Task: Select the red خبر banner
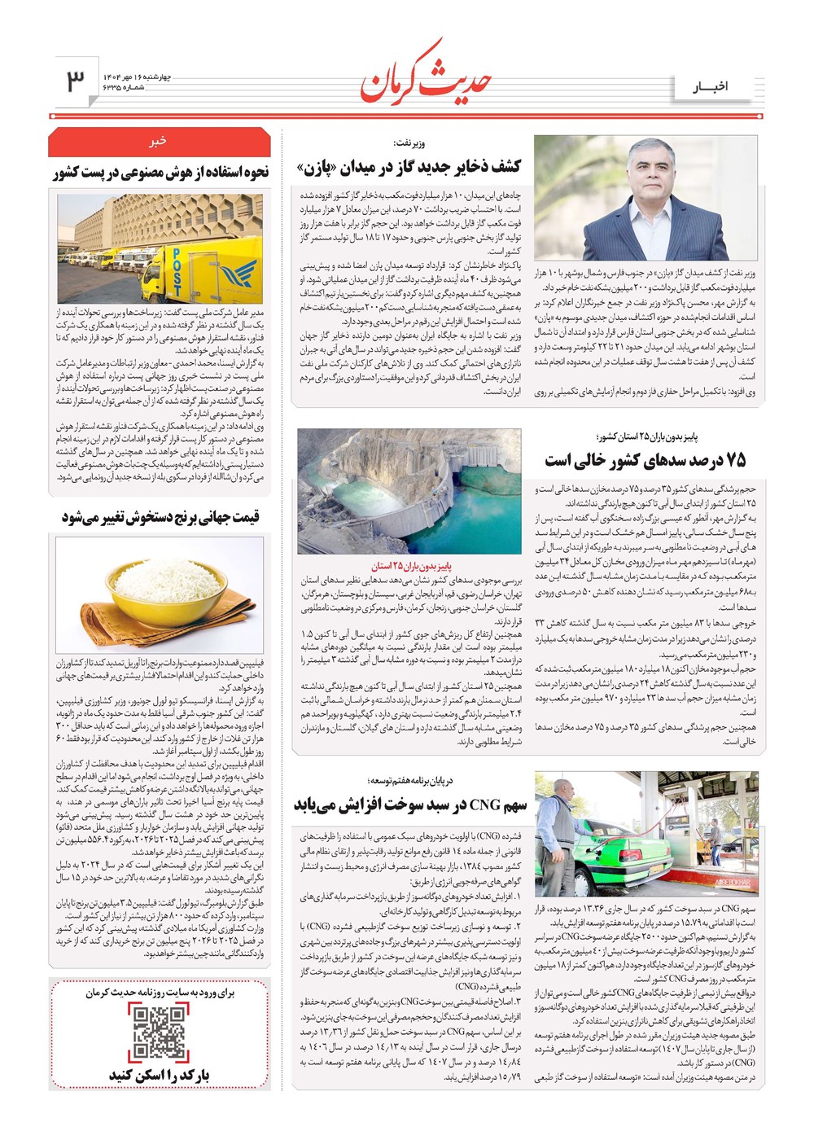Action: coord(159,142)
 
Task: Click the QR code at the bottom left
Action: coord(160,1033)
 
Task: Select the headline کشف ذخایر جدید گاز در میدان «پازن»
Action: coord(409,168)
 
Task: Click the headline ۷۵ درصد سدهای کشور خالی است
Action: coord(645,460)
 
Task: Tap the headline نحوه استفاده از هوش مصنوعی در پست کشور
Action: coord(160,173)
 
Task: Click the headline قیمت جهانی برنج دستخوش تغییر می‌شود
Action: coord(160,518)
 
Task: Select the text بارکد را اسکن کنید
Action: coord(160,1075)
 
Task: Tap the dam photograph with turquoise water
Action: coord(409,490)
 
